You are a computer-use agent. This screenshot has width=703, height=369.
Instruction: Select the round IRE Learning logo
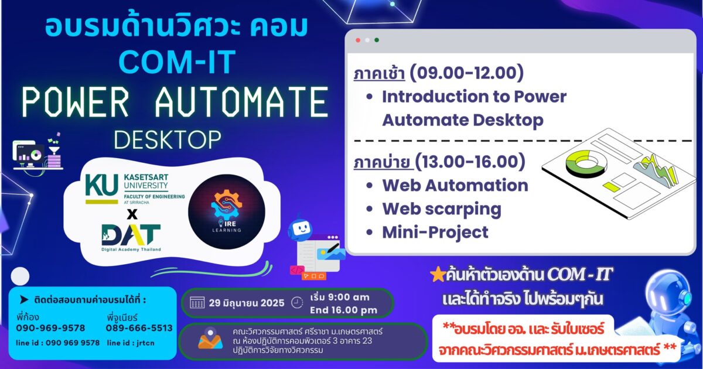227,212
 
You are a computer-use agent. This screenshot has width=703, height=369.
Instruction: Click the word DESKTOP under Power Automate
168,139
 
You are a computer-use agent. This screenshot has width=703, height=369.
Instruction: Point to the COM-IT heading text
178,61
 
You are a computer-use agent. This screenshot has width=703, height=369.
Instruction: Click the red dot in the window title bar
358,40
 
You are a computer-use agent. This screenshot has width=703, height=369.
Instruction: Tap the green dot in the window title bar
377,40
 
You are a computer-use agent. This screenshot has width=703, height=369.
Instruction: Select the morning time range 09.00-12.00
467,73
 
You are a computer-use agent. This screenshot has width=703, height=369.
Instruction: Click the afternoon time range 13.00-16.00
470,162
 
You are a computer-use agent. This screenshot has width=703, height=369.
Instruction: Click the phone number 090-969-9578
50,328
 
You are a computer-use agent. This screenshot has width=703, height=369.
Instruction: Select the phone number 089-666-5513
139,328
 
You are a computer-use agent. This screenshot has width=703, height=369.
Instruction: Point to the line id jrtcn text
131,343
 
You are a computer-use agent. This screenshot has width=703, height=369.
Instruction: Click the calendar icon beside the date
197,303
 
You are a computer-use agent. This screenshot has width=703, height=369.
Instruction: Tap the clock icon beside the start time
297,302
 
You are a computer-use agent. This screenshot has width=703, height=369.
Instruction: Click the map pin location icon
210,339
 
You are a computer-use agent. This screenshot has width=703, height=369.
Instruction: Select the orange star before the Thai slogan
438,275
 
